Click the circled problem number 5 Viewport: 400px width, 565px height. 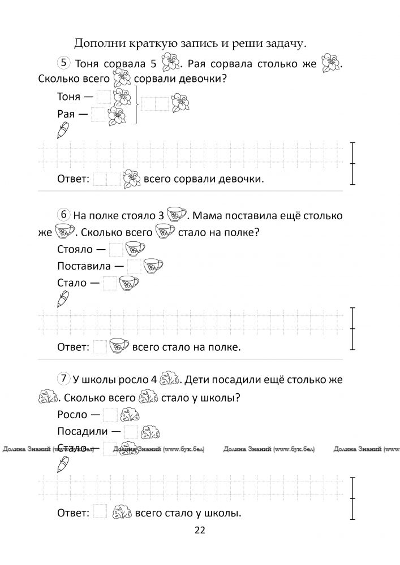(64, 62)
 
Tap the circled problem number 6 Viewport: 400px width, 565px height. (64, 214)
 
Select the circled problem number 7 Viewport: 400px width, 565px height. (64, 378)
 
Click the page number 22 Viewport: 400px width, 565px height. (200, 530)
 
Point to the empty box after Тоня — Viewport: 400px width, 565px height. (104, 97)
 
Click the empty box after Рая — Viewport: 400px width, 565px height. (98, 115)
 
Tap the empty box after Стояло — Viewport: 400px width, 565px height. (115, 249)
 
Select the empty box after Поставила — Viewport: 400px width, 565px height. (134, 266)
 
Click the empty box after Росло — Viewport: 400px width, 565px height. (110, 415)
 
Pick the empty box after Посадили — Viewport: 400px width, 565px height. (131, 432)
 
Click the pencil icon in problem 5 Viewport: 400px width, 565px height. (63, 131)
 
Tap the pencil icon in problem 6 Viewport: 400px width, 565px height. (63, 298)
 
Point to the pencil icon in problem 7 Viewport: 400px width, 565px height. (63, 464)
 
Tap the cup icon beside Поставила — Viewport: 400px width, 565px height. (153, 266)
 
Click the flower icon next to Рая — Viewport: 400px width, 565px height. (117, 116)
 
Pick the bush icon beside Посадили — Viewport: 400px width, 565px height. (150, 432)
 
